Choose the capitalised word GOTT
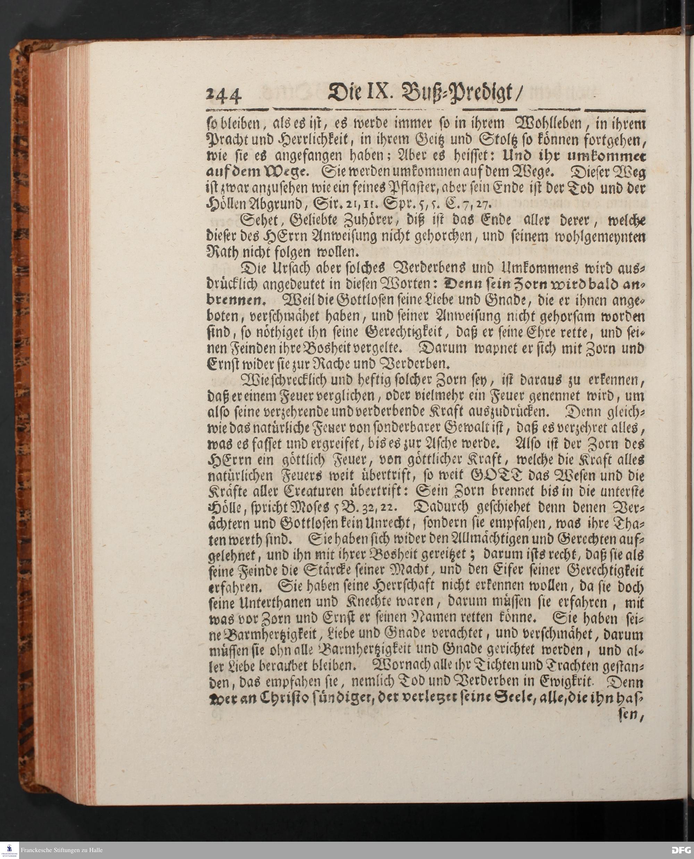pyautogui.click(x=496, y=476)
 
